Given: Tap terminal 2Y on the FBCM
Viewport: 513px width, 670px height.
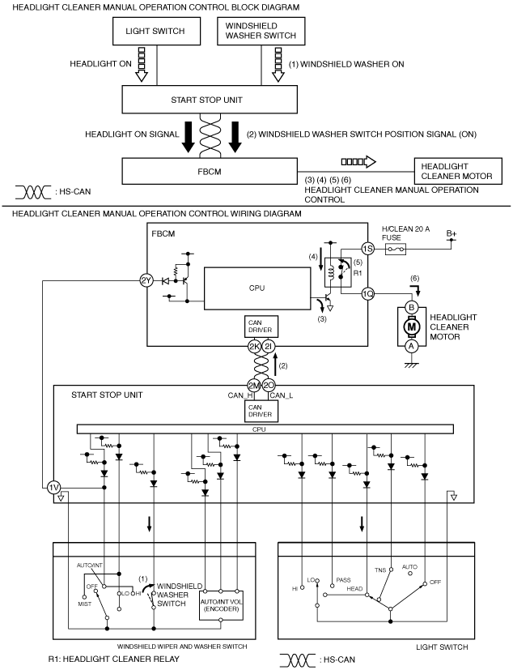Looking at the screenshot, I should pyautogui.click(x=146, y=281).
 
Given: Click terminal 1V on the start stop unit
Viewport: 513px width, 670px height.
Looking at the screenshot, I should pyautogui.click(x=53, y=487).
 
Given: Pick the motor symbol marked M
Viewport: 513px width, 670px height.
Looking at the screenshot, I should pyautogui.click(x=411, y=326).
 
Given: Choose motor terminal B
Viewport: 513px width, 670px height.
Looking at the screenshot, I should pyautogui.click(x=411, y=307).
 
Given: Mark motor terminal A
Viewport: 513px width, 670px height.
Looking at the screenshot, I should pyautogui.click(x=411, y=345).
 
